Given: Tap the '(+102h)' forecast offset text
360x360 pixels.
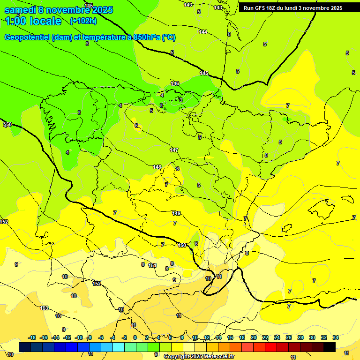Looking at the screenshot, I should [83, 21].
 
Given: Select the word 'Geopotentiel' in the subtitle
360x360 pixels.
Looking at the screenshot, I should [28, 37].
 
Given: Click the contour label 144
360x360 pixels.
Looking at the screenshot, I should [203, 32].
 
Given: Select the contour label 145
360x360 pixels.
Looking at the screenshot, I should [204, 73].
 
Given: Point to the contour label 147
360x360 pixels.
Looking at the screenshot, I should [174, 150].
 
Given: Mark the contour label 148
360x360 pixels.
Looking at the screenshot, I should [157, 167].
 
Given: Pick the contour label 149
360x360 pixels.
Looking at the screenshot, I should [176, 213].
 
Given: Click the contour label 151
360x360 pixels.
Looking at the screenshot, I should [152, 265].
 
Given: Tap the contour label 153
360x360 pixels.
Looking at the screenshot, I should [44, 308].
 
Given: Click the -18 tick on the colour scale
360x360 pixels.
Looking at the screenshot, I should [32, 337].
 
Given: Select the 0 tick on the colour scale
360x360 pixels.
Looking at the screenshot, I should [135, 337].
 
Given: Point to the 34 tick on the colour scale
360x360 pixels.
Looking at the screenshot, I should [335, 337].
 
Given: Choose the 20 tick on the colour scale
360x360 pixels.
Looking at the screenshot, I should [254, 337].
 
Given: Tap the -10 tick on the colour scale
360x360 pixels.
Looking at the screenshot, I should [79, 337].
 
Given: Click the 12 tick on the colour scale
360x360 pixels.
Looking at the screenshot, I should [207, 337].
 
